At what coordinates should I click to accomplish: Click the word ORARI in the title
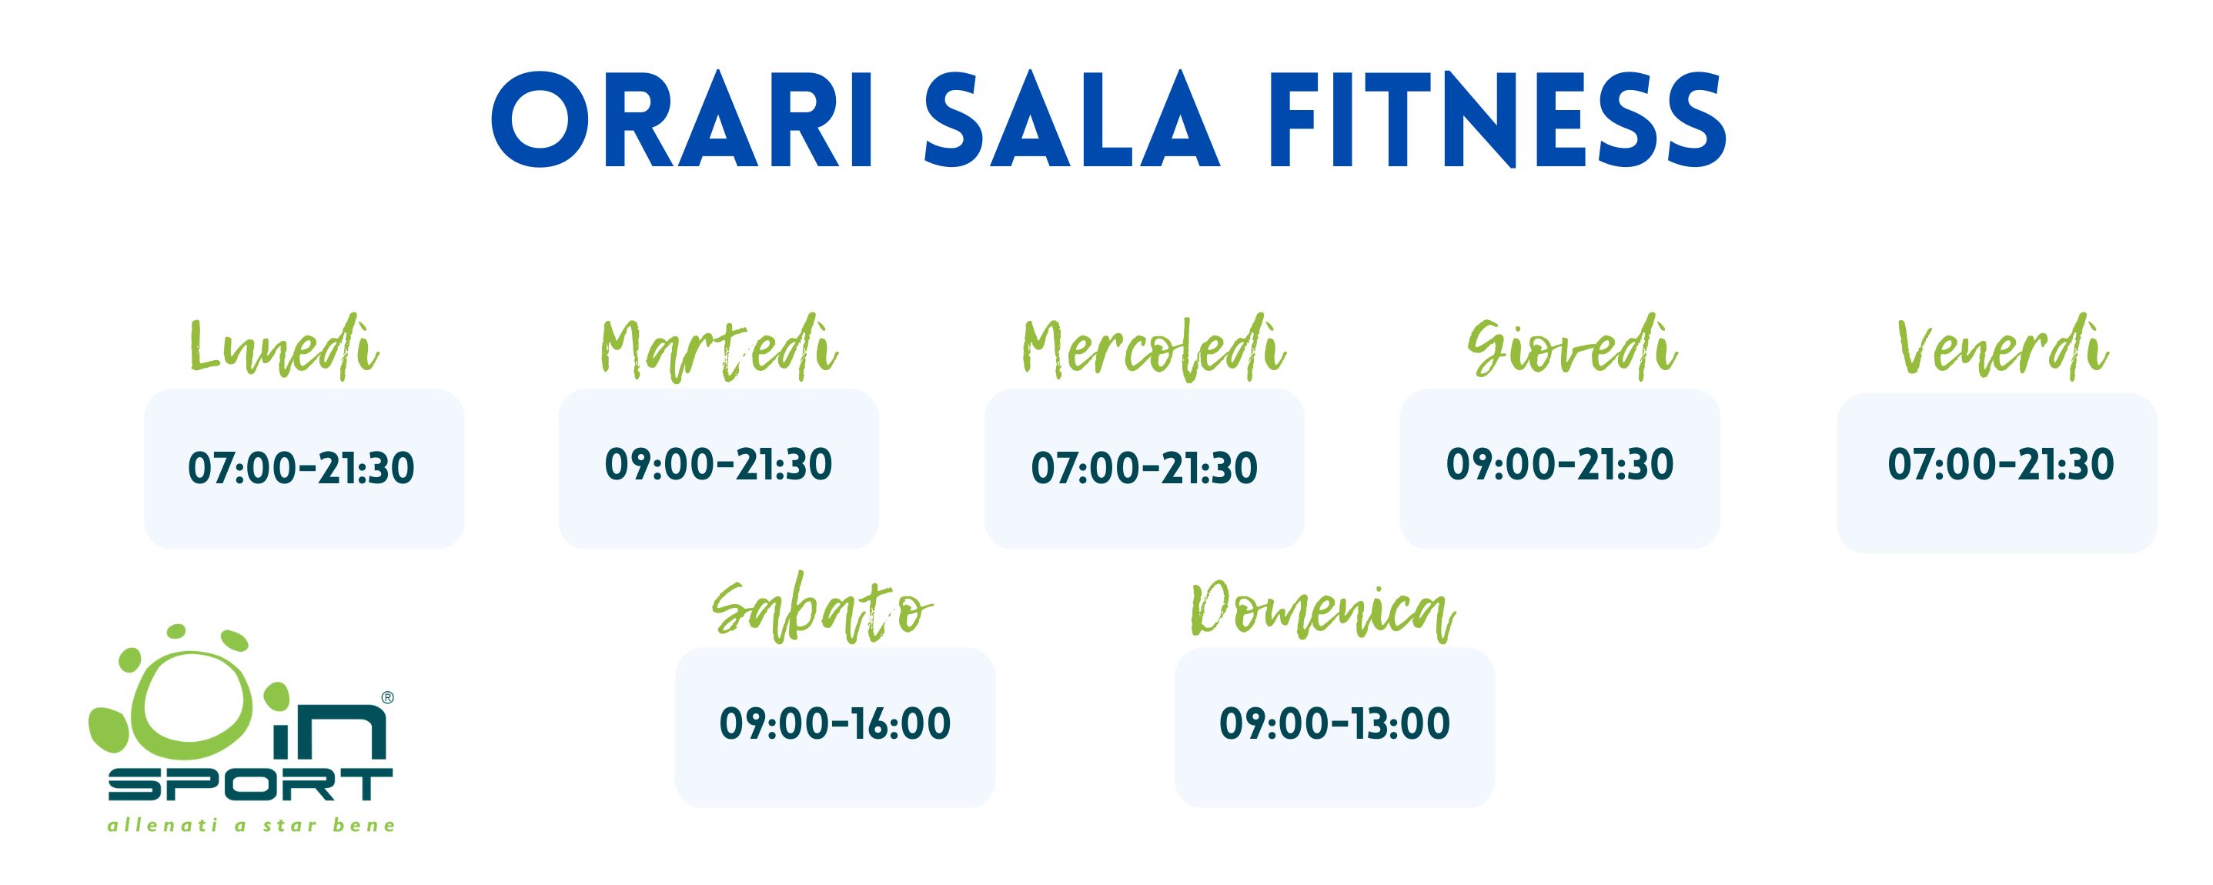pyautogui.click(x=682, y=120)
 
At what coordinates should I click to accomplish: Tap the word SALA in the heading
pyautogui.click(x=1072, y=120)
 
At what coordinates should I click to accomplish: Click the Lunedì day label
pyautogui.click(x=283, y=349)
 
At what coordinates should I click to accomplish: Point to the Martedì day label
pyautogui.click(x=718, y=349)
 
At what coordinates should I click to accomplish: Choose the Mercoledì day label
pyautogui.click(x=1153, y=347)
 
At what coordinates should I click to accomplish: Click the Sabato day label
pyautogui.click(x=822, y=611)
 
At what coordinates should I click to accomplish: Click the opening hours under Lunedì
pyautogui.click(x=301, y=468)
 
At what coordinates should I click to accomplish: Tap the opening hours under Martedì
pyautogui.click(x=718, y=464)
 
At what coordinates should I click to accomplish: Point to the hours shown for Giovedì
pyautogui.click(x=1560, y=464)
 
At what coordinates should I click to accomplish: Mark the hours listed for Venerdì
pyautogui.click(x=2001, y=464)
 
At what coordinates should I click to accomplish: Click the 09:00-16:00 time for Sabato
pyautogui.click(x=835, y=723)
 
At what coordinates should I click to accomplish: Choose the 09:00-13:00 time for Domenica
pyautogui.click(x=1335, y=723)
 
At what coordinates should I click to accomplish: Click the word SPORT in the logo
pyautogui.click(x=251, y=783)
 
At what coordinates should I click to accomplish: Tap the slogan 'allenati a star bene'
pyautogui.click(x=251, y=826)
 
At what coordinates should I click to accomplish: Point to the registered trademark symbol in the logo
pyautogui.click(x=387, y=698)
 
